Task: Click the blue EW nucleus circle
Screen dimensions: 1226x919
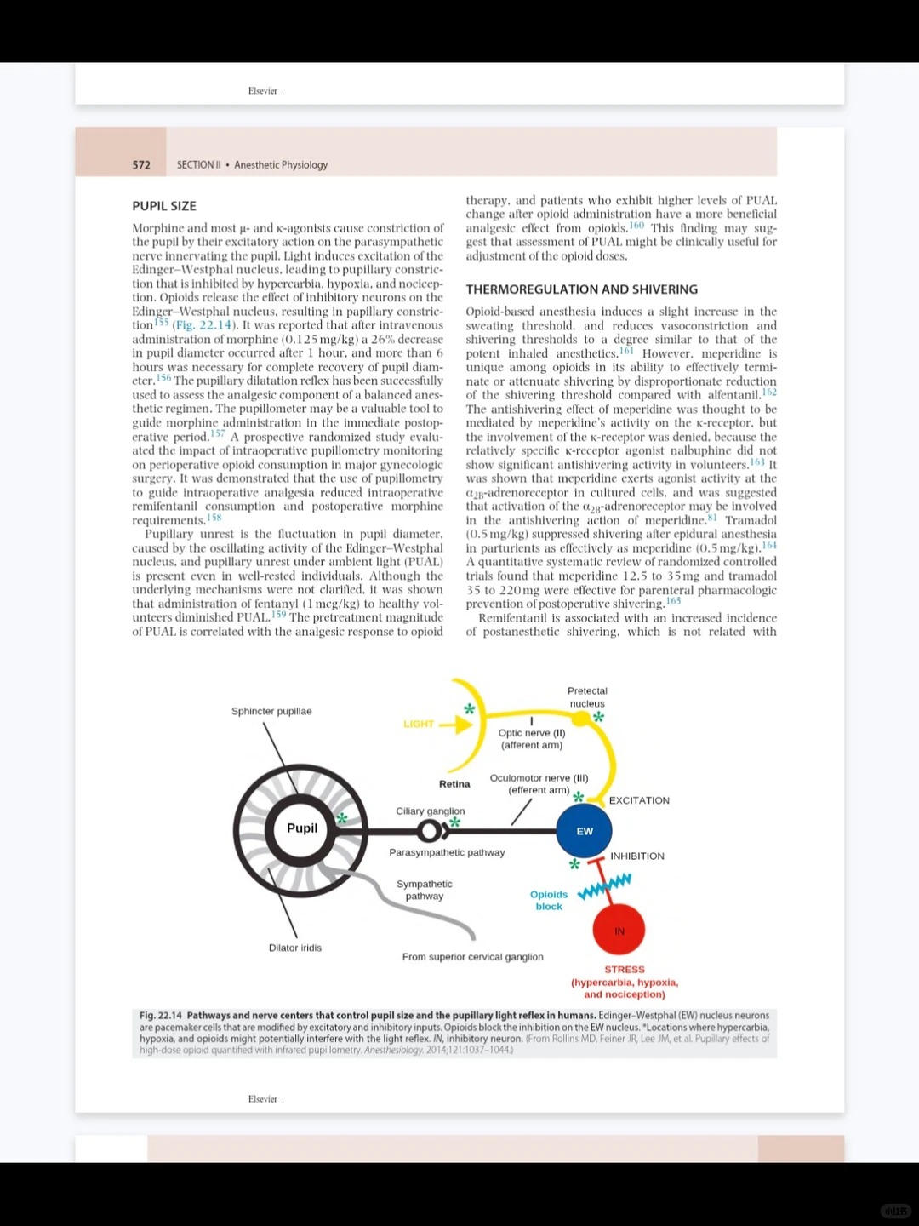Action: click(x=584, y=831)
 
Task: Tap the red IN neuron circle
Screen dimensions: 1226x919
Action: click(x=619, y=931)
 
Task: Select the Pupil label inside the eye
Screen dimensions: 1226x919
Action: click(x=302, y=828)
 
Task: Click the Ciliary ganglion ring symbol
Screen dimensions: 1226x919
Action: click(x=430, y=830)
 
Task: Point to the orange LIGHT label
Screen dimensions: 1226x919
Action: click(x=419, y=724)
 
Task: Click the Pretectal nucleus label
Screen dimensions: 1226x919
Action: click(x=587, y=697)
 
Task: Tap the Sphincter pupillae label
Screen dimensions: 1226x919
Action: click(x=271, y=711)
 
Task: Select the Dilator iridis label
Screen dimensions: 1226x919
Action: click(x=295, y=948)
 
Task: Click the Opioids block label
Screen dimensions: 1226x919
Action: click(x=549, y=900)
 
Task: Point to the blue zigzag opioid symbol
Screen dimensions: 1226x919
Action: click(x=604, y=886)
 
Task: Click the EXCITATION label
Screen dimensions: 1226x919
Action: click(x=639, y=800)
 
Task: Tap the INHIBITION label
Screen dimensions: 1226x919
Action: click(x=637, y=856)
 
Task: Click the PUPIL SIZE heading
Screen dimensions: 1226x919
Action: click(x=164, y=206)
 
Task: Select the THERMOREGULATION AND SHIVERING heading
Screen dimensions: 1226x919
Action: click(x=581, y=289)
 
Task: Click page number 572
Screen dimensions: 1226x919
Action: click(x=141, y=165)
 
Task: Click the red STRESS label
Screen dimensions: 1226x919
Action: click(x=625, y=970)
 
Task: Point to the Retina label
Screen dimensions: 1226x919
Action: click(x=454, y=784)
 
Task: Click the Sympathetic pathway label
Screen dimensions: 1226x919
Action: click(x=425, y=890)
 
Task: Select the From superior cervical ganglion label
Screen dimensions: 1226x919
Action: click(x=472, y=957)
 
